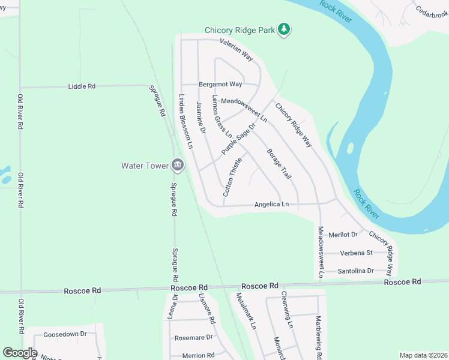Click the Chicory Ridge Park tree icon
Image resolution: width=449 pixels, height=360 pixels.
click(x=285, y=29)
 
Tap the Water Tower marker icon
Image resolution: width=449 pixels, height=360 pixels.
click(x=177, y=164)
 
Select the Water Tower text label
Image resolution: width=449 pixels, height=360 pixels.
click(x=145, y=165)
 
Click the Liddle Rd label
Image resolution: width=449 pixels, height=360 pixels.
click(x=82, y=86)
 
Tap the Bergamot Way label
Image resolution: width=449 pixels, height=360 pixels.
click(x=220, y=84)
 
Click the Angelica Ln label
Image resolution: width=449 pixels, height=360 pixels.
click(x=271, y=205)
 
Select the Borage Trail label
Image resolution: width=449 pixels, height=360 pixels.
click(x=279, y=164)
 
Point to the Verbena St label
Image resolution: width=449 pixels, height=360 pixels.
click(x=357, y=253)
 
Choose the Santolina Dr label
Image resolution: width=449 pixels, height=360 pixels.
click(x=356, y=271)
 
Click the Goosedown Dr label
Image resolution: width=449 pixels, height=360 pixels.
click(x=65, y=334)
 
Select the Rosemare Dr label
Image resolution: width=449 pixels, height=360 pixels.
click(x=193, y=338)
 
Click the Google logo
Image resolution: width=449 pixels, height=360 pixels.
click(x=20, y=353)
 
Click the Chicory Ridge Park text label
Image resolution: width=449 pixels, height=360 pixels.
click(x=240, y=30)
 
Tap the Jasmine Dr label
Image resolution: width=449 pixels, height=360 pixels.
click(x=201, y=118)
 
